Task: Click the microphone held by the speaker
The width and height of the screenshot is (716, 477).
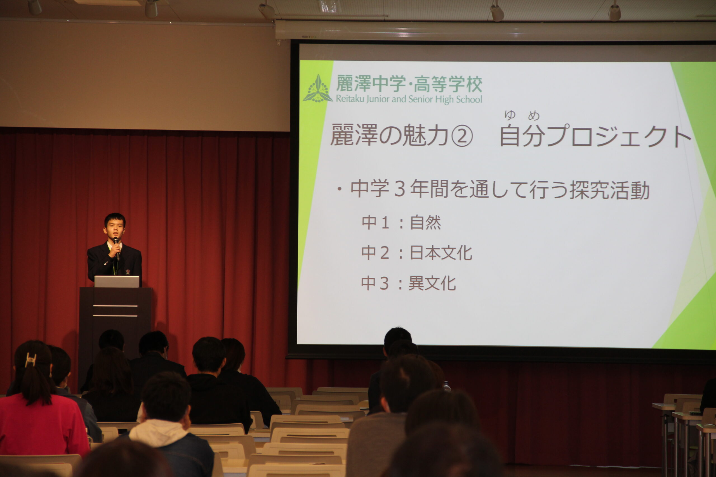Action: [116, 248]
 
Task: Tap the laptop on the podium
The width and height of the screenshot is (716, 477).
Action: [117, 281]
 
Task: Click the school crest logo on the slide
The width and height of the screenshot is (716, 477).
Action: [317, 89]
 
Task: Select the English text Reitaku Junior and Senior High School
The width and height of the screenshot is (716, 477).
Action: [409, 99]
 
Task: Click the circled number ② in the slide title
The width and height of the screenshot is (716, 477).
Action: [462, 137]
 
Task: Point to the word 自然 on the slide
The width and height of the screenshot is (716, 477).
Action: [425, 222]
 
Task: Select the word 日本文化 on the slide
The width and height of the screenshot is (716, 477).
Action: [441, 253]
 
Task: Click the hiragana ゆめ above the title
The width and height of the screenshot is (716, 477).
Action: [522, 115]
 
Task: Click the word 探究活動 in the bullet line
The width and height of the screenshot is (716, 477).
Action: [610, 190]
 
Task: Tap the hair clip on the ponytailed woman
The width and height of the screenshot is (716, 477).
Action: [30, 360]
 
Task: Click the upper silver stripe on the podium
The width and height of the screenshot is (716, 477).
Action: [115, 306]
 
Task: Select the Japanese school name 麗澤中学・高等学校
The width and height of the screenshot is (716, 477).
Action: [409, 84]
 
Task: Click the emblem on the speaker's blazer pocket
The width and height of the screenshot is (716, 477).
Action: [128, 271]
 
